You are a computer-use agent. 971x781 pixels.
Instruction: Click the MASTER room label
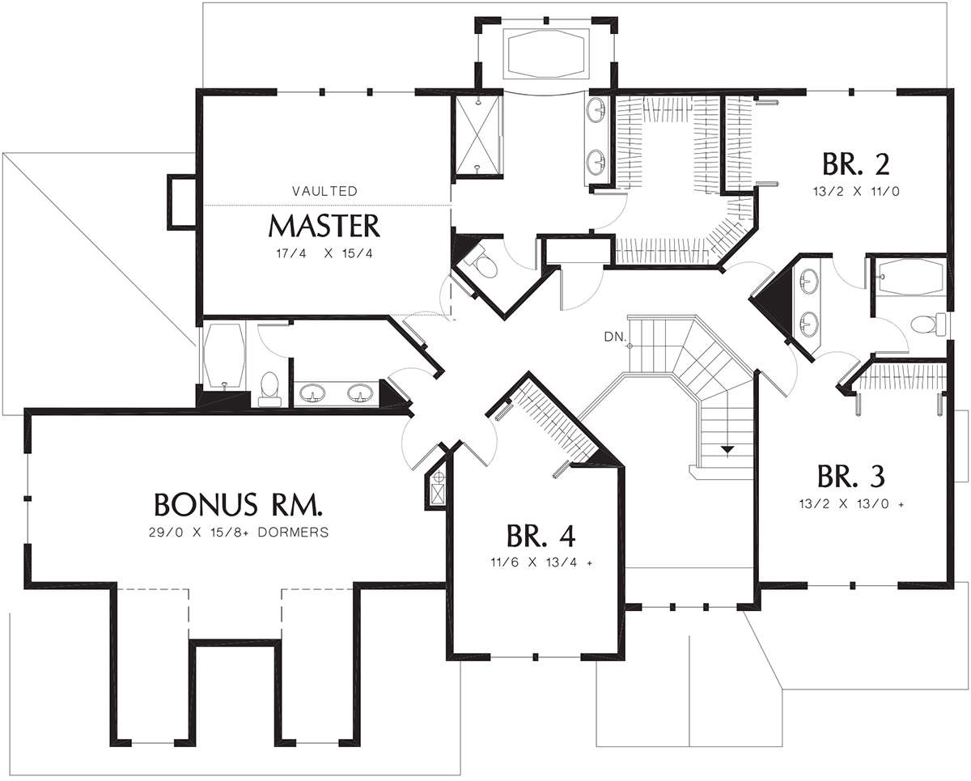(x=324, y=226)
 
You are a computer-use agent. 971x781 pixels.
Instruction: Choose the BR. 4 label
(x=541, y=536)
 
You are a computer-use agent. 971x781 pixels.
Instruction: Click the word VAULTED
(x=324, y=191)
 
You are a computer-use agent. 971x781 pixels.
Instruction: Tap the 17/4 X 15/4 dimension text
(x=324, y=253)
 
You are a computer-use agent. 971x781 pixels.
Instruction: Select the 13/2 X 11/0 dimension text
(x=856, y=192)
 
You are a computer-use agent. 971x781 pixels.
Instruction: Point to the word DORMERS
(x=293, y=533)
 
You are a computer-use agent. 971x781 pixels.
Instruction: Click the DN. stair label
(x=616, y=337)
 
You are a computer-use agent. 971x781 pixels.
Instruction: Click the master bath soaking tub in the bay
(x=546, y=56)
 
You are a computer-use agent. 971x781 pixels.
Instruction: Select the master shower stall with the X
(x=478, y=135)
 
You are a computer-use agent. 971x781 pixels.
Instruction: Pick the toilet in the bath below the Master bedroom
(x=269, y=388)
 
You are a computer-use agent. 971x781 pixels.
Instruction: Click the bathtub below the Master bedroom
(x=224, y=356)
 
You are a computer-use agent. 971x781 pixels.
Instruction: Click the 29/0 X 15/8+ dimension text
(x=200, y=533)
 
